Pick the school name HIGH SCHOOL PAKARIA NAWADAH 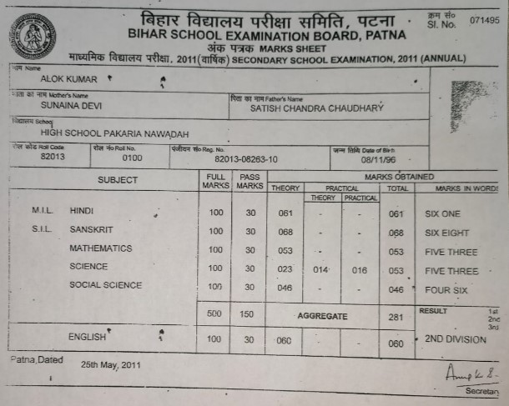(x=114, y=134)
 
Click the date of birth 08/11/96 (x=377, y=158)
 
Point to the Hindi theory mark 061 (x=285, y=213)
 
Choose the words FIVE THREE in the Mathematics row (x=451, y=252)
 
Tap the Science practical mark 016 (x=360, y=270)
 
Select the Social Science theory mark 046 (x=285, y=288)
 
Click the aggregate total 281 (x=396, y=317)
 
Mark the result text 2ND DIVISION (x=455, y=340)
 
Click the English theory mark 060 (x=285, y=340)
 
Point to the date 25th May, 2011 (x=112, y=366)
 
